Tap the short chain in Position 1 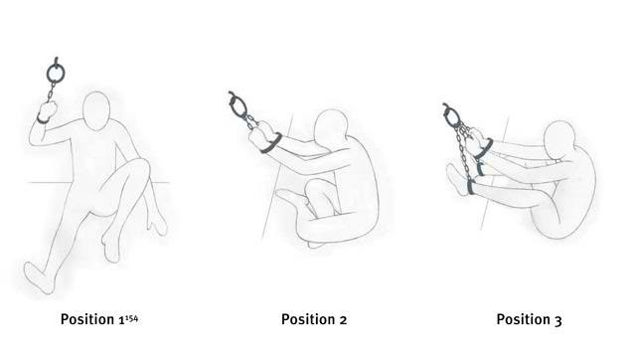51,91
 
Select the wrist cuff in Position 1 43,119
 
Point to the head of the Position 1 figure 96,110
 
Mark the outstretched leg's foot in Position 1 39,277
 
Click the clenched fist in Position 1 48,109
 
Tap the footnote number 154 131,318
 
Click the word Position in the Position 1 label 87,319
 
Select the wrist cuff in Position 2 271,144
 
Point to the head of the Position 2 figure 331,126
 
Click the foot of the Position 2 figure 290,197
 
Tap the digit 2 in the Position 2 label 343,320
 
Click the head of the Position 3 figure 559,140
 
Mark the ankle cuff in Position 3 471,187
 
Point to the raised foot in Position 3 455,179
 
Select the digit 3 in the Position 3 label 557,320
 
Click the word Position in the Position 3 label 524,319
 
